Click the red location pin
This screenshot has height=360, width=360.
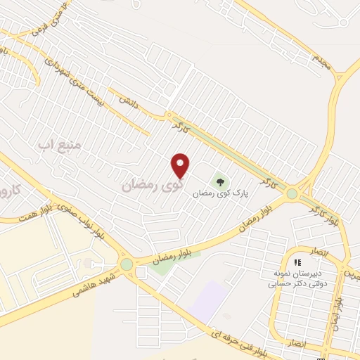pos(181,165)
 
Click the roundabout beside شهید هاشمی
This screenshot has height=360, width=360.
pos(127,264)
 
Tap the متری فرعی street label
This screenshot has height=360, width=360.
pos(48,20)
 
